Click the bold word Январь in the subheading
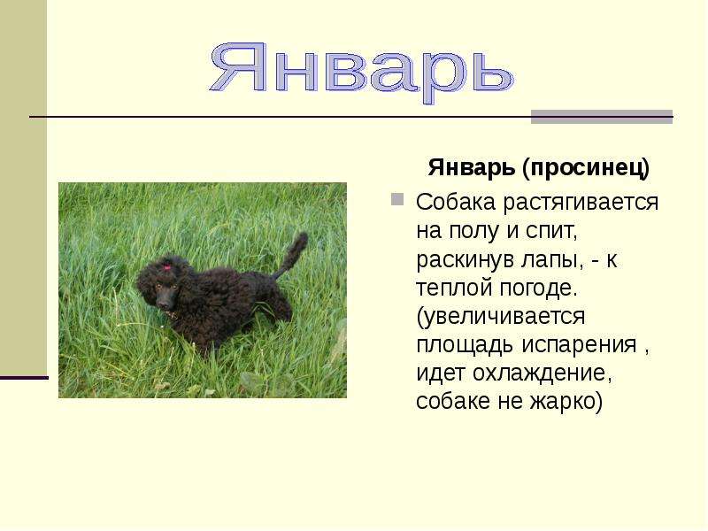coord(472,167)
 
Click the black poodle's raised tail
coord(293,254)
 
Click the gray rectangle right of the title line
coord(601,117)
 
